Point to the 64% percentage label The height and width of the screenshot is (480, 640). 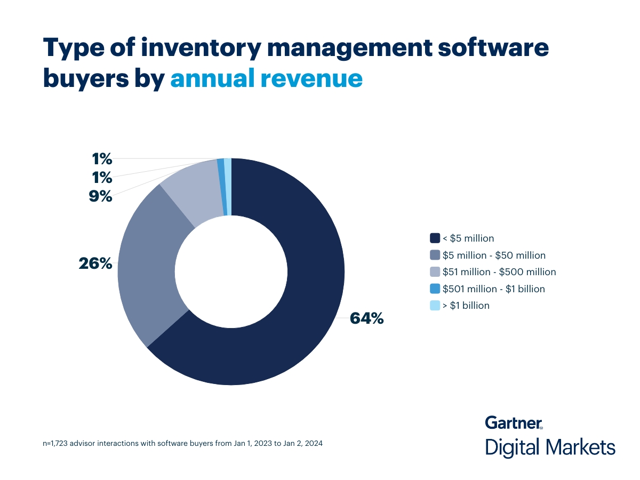point(366,318)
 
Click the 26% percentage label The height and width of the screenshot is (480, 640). point(96,263)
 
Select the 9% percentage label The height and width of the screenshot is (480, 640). point(101,196)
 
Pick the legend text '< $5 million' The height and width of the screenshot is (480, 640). point(468,238)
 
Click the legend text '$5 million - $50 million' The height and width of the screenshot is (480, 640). point(494,255)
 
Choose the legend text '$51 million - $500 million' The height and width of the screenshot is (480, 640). point(499,272)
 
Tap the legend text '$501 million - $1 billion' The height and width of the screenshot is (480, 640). point(494,289)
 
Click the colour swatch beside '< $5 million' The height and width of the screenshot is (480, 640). point(435,238)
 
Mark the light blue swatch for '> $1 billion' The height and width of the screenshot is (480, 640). point(435,306)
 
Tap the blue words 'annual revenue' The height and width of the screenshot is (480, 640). point(266,78)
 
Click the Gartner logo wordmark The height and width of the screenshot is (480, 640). point(514,423)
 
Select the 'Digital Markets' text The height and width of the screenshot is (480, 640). point(550,447)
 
